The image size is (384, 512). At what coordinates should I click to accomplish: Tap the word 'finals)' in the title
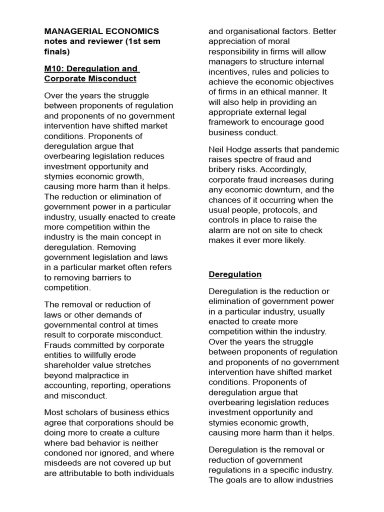point(57,51)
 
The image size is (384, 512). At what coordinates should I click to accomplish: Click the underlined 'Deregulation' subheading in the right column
point(235,274)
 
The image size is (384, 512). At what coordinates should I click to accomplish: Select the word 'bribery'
point(223,169)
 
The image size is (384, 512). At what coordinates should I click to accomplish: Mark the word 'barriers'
point(105,277)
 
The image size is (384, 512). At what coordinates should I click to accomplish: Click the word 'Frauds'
point(57,345)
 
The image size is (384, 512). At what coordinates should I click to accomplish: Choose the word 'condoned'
point(63,453)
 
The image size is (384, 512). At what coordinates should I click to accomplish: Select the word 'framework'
point(229,122)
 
